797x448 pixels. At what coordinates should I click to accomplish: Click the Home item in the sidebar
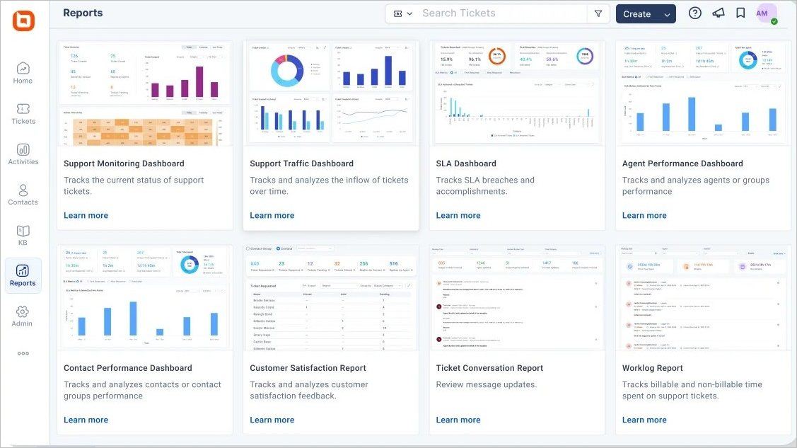click(x=23, y=73)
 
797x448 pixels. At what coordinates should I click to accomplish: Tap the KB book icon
click(x=23, y=231)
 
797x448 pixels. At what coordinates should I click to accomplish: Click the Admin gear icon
click(x=23, y=312)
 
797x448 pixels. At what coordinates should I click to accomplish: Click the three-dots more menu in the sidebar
click(x=23, y=354)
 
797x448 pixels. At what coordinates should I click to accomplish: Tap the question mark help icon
click(x=695, y=13)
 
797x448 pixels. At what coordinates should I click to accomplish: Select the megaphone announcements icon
click(x=719, y=13)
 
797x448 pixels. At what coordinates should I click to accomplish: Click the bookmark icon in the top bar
click(x=740, y=13)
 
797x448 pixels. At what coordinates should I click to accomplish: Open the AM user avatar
click(x=762, y=13)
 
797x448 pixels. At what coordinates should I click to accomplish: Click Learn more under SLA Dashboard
click(x=458, y=216)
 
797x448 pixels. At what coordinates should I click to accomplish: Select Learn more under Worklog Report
click(x=644, y=420)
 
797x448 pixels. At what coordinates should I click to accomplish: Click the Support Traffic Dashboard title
click(x=301, y=163)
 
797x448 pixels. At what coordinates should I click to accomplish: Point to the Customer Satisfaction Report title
click(x=308, y=368)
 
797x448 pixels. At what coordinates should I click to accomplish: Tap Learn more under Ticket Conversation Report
click(x=458, y=420)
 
